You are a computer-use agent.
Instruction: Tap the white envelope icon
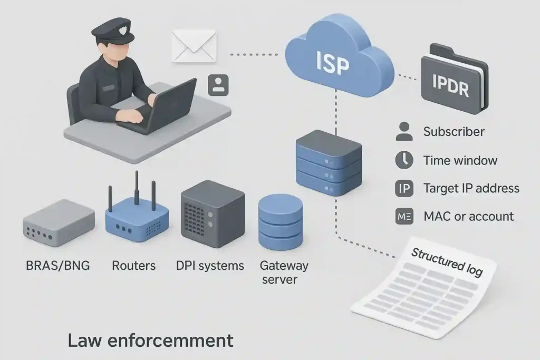pyautogui.click(x=194, y=46)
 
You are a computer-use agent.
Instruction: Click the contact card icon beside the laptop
pyautogui.click(x=218, y=85)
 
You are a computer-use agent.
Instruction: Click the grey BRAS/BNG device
pyautogui.click(x=59, y=221)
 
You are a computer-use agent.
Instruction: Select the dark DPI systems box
pyautogui.click(x=212, y=213)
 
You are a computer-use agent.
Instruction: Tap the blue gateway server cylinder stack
pyautogui.click(x=280, y=222)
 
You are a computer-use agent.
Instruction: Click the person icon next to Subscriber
pyautogui.click(x=404, y=132)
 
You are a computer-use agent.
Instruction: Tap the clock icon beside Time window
pyautogui.click(x=404, y=160)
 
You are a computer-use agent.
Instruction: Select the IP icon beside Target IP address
pyautogui.click(x=404, y=188)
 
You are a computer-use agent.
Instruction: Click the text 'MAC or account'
pyautogui.click(x=468, y=216)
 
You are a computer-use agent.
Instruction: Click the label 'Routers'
pyautogui.click(x=133, y=265)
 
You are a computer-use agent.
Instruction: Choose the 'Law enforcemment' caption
pyautogui.click(x=150, y=340)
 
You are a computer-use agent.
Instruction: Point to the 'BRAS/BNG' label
pyautogui.click(x=58, y=265)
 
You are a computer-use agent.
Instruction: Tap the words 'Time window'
pyautogui.click(x=460, y=160)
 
